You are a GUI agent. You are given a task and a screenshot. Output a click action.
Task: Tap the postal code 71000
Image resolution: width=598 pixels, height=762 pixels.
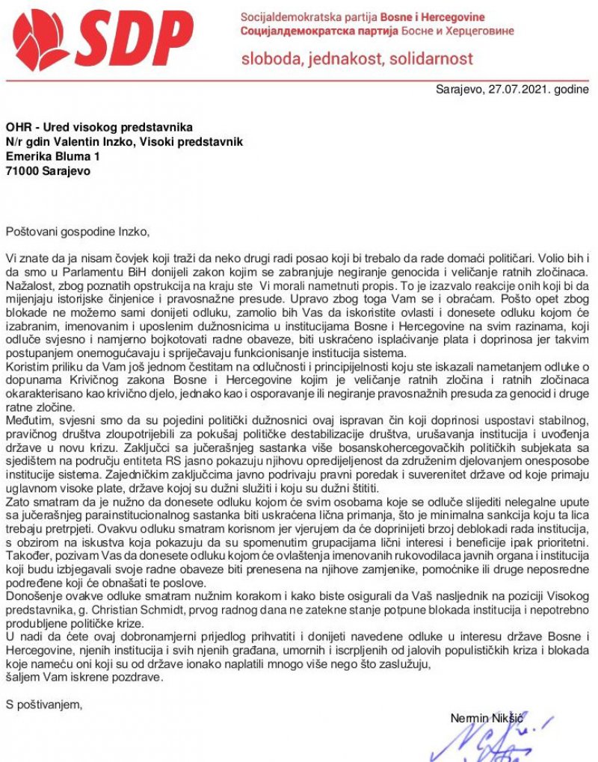[x=22, y=170]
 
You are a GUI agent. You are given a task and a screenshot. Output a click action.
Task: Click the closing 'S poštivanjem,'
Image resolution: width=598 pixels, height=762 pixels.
[x=44, y=703]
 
